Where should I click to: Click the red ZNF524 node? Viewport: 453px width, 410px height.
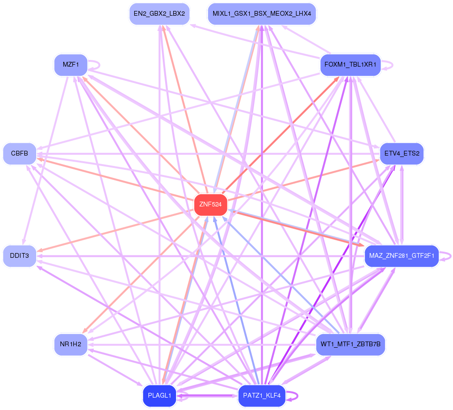click(211, 205)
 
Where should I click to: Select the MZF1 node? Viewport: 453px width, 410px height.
click(71, 65)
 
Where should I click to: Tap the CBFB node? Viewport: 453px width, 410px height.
click(20, 154)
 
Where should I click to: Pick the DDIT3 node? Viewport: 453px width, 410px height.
click(20, 256)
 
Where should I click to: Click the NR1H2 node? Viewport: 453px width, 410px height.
click(71, 345)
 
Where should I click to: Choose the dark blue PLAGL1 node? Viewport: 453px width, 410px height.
click(159, 396)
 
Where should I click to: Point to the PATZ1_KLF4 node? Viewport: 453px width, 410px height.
click(262, 396)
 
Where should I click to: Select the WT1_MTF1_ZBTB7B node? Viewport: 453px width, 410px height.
click(350, 345)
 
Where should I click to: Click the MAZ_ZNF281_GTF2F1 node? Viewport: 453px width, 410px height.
click(402, 256)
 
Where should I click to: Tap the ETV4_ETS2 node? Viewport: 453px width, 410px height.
click(402, 154)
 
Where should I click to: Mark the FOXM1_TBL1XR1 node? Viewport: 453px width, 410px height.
click(350, 65)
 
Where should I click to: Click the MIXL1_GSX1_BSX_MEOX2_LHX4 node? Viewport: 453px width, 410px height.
click(262, 14)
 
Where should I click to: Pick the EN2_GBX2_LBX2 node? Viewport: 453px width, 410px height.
click(159, 14)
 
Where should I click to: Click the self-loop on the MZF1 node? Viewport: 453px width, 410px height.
click(94, 65)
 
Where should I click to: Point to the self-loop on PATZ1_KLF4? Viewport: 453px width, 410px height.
click(292, 396)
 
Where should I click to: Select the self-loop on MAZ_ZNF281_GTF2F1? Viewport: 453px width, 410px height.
click(445, 256)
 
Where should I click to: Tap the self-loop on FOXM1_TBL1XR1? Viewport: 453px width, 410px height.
click(387, 65)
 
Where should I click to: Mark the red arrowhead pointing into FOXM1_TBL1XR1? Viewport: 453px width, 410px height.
click(336, 79)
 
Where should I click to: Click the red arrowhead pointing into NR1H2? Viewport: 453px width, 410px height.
click(85, 331)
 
